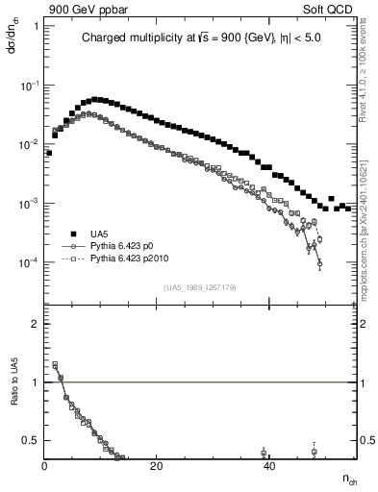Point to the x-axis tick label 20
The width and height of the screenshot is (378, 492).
click(x=157, y=467)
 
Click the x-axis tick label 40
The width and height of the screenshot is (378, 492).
click(x=269, y=467)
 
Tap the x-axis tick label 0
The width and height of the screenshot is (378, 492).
click(x=45, y=467)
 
